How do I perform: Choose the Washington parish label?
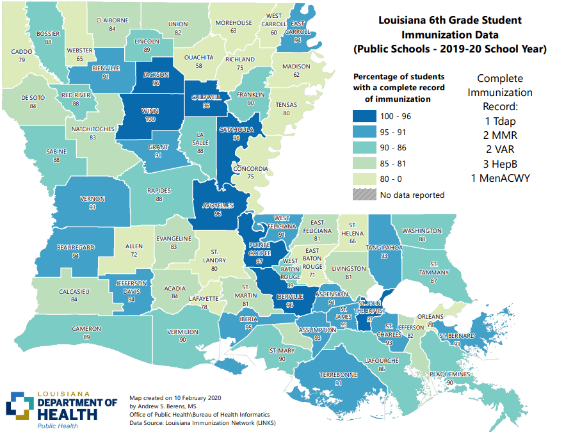click(x=422, y=231)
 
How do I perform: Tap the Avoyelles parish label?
click(x=218, y=205)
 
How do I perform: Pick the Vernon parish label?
click(x=92, y=199)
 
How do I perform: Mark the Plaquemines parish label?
click(x=450, y=374)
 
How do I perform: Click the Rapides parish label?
click(x=159, y=190)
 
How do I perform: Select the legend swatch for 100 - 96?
click(x=363, y=116)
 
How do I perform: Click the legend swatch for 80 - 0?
click(x=363, y=179)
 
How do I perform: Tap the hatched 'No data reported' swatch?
click(x=363, y=195)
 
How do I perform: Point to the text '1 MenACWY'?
click(x=500, y=178)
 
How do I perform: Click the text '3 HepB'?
click(x=500, y=164)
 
